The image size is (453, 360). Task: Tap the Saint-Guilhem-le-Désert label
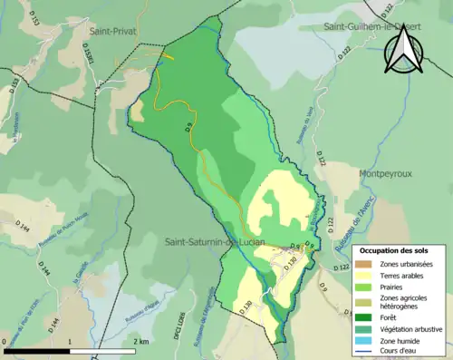coord(371,28)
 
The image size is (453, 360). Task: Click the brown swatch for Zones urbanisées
coord(364,263)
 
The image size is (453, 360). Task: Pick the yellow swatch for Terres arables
coord(364,275)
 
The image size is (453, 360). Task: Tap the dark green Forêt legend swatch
coord(364,317)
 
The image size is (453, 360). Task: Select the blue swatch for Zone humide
coord(364,340)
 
